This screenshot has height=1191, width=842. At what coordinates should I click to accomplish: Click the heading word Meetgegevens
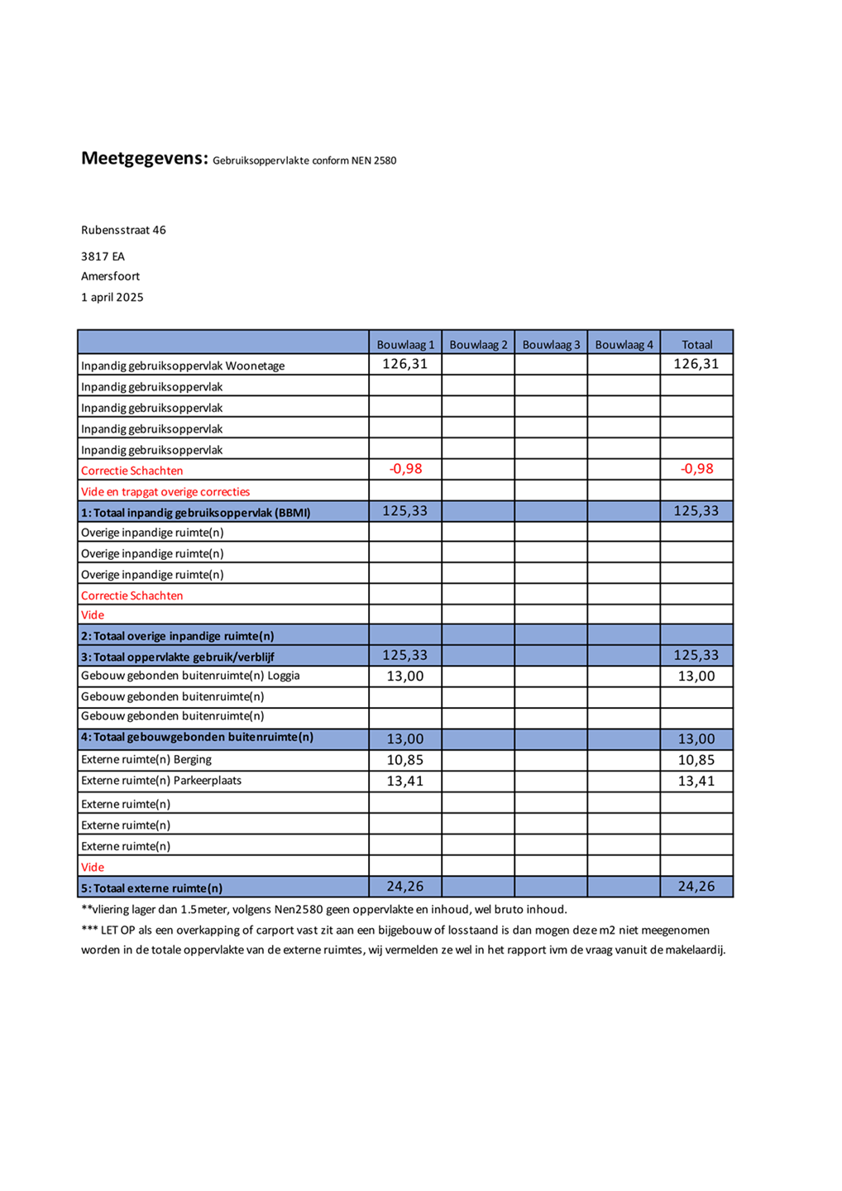(143, 159)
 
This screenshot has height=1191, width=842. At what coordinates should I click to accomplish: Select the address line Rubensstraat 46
(123, 230)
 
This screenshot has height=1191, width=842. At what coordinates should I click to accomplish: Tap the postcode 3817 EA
(103, 256)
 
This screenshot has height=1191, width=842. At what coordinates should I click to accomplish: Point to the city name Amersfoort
(110, 276)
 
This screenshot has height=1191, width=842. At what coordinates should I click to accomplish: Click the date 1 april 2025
(112, 297)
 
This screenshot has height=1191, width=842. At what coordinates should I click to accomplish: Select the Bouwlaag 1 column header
(405, 344)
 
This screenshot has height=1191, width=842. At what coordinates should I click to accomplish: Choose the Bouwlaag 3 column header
(551, 344)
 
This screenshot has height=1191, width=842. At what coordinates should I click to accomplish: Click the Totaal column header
(696, 344)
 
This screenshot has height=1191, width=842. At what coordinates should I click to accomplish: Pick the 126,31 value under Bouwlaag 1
(404, 364)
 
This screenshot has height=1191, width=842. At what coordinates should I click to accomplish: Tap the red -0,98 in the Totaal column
(696, 469)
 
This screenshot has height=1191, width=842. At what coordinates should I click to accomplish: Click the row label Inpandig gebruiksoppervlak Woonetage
(182, 366)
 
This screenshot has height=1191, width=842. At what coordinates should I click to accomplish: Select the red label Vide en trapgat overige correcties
(165, 491)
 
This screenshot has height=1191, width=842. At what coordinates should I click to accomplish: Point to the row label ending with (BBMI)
(195, 513)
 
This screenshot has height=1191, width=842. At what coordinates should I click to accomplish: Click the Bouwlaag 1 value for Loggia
(404, 677)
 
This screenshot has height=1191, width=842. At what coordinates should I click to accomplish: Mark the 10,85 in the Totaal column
(696, 760)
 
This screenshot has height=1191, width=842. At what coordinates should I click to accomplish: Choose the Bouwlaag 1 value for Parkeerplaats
(404, 781)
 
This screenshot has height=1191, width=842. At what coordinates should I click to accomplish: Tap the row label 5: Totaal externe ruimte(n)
(151, 888)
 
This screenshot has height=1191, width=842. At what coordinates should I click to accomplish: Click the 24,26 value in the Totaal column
(696, 887)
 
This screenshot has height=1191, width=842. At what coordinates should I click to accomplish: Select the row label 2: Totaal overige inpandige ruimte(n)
(177, 636)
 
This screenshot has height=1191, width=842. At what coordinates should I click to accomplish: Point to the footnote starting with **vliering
(323, 910)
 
